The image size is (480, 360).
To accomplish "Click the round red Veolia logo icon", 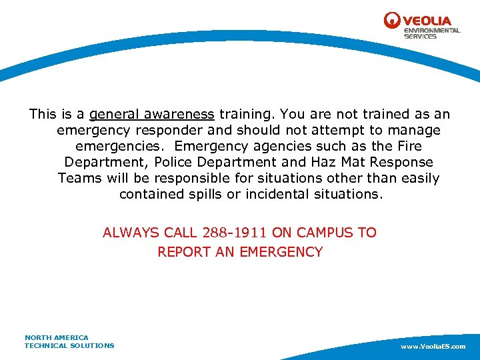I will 393,21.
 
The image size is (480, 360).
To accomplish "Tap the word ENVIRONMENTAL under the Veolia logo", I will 432,31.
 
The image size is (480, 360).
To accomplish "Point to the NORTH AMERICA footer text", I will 56,337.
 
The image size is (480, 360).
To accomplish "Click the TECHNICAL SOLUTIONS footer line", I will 69,345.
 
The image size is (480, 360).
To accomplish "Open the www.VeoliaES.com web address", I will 433,347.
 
